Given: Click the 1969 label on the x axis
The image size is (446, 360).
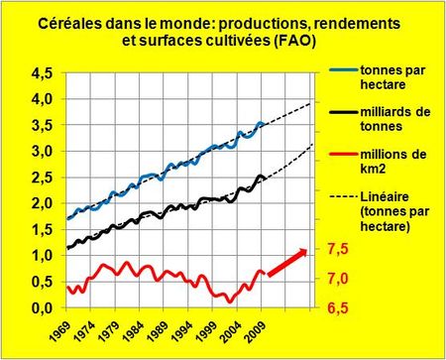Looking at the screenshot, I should [x=59, y=327].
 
